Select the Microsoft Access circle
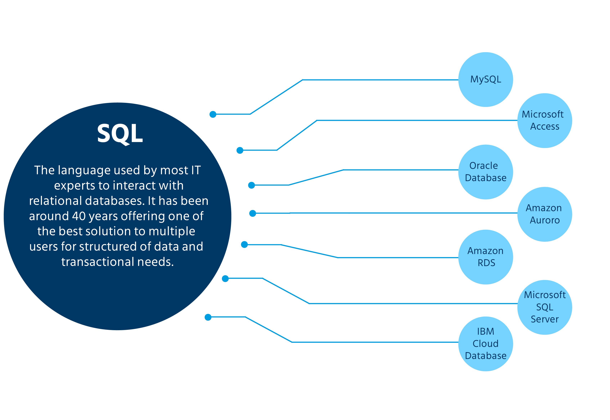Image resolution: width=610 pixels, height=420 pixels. (544, 120)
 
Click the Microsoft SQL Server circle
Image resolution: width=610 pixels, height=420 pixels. (544, 307)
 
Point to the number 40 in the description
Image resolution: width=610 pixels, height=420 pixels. (79, 216)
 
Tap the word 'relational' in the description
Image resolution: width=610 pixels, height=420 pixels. (55, 201)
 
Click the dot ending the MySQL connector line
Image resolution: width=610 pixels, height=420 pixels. (213, 114)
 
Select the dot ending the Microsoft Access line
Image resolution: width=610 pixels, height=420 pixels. (240, 150)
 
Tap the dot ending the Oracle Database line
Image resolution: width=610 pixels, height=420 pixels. (251, 185)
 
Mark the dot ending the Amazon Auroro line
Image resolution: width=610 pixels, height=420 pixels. (253, 214)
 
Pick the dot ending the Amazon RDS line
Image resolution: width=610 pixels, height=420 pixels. (244, 245)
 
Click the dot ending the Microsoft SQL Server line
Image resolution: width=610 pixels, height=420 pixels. (225, 279)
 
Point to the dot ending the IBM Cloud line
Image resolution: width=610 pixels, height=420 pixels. (208, 317)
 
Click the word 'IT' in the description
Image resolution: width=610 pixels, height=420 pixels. (196, 170)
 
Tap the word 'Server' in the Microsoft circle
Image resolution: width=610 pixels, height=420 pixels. (544, 319)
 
